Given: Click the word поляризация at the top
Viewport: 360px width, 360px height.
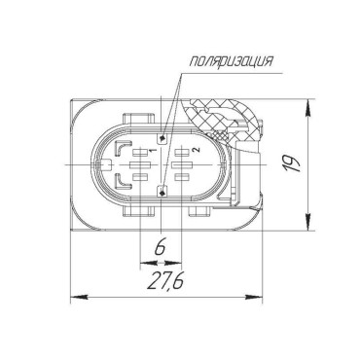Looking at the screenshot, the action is point(231,61).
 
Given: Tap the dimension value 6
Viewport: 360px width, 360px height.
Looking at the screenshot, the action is point(161,247).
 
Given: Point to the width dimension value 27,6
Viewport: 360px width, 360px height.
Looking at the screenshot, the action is point(165,280).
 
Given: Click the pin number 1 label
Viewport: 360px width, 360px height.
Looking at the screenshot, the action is point(153,150).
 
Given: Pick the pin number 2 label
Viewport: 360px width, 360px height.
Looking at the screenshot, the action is point(195,149).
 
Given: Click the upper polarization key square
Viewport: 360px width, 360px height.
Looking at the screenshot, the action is point(162,139).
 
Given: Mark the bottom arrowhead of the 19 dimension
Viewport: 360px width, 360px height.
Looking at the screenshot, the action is point(307,221).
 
